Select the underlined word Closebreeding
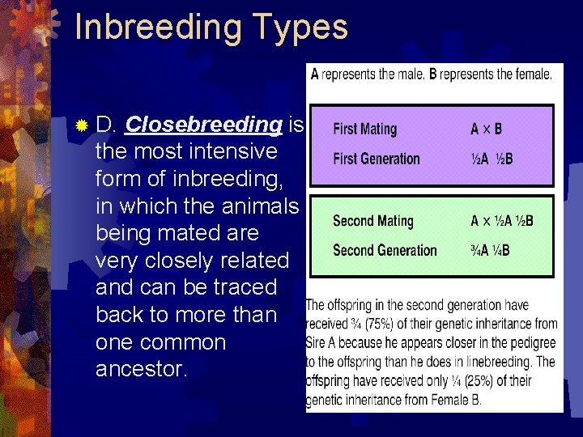[204, 125]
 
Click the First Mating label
[365, 129]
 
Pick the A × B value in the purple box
[487, 129]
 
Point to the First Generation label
[377, 159]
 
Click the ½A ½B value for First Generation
[492, 159]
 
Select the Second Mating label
[373, 221]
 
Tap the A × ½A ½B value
[502, 221]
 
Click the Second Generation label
[385, 250]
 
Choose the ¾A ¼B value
[491, 250]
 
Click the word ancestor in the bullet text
[141, 369]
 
